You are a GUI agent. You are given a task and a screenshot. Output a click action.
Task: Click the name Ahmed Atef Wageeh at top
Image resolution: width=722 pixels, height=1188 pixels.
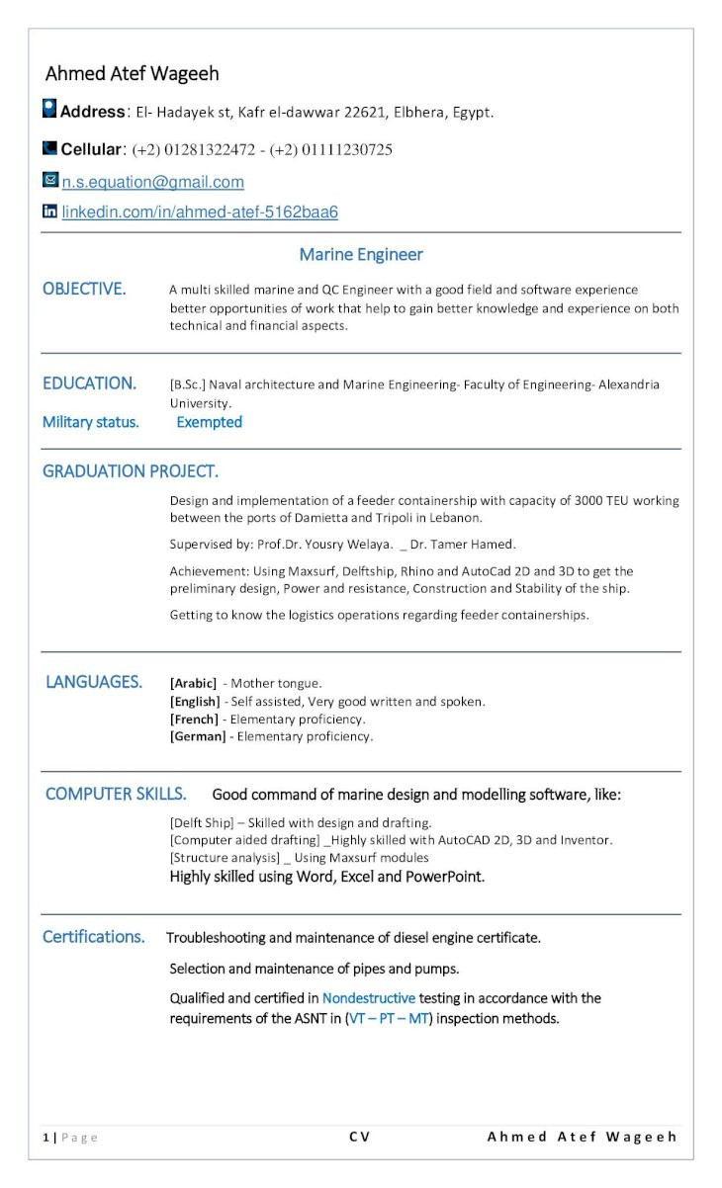click(x=132, y=74)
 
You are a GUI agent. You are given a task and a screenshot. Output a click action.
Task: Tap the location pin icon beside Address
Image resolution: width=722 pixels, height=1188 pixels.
click(x=49, y=110)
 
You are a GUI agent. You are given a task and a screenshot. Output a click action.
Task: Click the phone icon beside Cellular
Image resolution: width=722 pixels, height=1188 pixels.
click(x=49, y=148)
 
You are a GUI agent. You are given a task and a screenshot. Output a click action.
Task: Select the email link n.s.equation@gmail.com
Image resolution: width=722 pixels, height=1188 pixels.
click(x=152, y=182)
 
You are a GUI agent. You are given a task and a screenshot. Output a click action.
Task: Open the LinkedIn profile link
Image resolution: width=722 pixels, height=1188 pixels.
click(x=200, y=212)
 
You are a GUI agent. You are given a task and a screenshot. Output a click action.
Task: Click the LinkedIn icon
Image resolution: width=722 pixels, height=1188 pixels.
click(x=49, y=212)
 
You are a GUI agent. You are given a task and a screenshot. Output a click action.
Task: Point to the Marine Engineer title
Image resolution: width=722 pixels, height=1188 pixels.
click(x=360, y=255)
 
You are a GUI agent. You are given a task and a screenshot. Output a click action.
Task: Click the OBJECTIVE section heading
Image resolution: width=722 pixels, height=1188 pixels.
click(x=84, y=289)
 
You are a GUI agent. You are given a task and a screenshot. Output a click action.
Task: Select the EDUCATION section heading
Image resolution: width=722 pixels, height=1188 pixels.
click(x=89, y=383)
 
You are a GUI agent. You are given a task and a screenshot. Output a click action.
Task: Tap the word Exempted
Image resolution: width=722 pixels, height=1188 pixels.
click(x=209, y=422)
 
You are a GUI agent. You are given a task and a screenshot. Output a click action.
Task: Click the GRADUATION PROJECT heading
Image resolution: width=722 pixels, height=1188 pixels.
click(x=130, y=471)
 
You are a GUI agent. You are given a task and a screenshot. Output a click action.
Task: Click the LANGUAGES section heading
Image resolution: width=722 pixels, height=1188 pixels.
click(x=93, y=682)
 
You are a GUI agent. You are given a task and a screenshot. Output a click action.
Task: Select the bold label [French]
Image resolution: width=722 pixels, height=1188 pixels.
click(x=194, y=719)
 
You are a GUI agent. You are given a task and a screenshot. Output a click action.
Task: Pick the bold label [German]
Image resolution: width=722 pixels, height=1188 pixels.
click(x=198, y=736)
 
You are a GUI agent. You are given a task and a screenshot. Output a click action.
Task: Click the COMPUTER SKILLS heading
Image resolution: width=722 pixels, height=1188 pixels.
click(x=115, y=794)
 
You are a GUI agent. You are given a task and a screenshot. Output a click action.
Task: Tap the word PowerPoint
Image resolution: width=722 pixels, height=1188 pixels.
click(x=445, y=876)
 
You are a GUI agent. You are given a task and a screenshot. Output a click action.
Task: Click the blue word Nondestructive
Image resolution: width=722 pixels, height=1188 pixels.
click(x=368, y=998)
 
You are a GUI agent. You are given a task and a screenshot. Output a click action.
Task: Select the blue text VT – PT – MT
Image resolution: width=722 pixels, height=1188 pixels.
click(x=388, y=1018)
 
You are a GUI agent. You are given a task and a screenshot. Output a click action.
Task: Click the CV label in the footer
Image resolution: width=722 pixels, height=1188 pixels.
click(x=359, y=1137)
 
